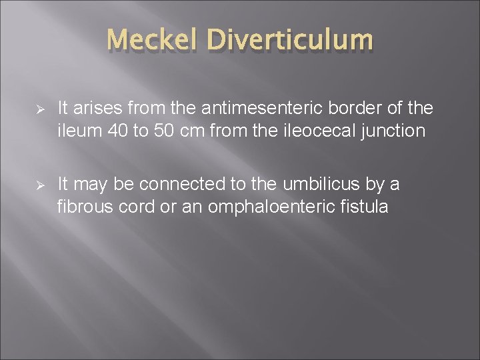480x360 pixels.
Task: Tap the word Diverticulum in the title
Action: [290, 41]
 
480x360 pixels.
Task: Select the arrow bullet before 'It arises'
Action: [39, 109]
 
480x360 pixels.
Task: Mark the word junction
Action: [393, 131]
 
